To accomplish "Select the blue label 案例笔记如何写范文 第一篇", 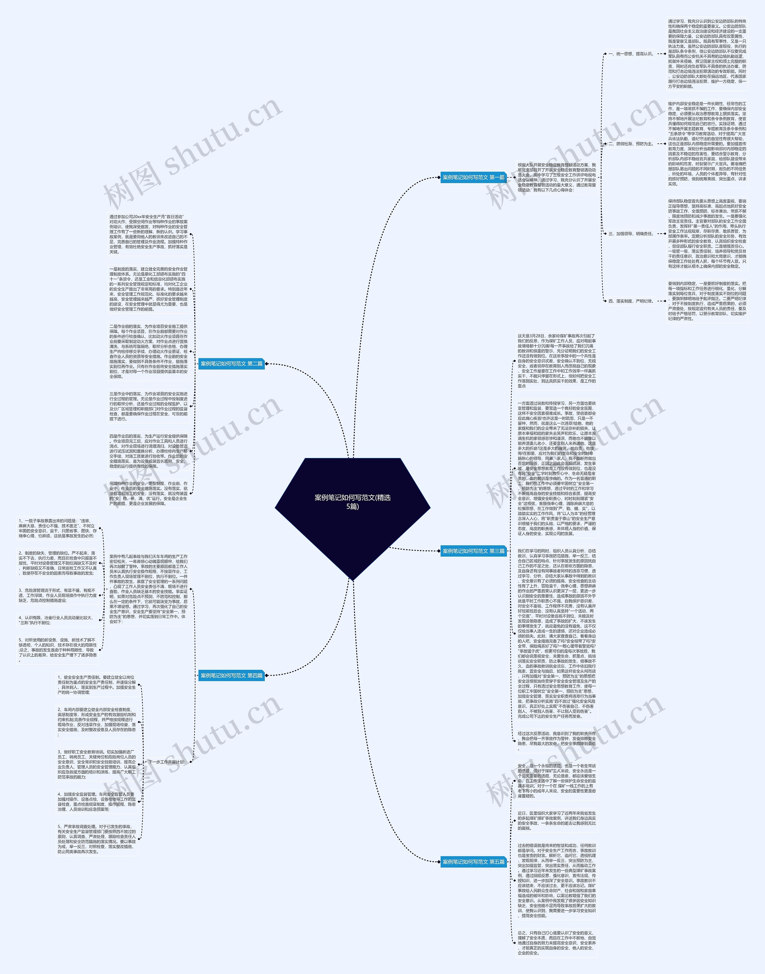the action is point(473,177).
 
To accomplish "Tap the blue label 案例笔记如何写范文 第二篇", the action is point(232,364).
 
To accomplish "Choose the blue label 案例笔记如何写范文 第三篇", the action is point(473,551).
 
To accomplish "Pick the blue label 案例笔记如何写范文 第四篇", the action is point(232,675).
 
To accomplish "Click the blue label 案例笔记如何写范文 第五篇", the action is point(473,862).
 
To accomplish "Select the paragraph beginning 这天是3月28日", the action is point(557,361).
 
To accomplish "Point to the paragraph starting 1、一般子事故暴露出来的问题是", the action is point(57,528).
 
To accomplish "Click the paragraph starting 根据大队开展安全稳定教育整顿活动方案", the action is point(557,177).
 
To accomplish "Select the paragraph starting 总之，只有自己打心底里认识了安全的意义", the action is point(557,943).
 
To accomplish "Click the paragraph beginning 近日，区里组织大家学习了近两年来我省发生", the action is point(557,820).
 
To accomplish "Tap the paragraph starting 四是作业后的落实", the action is point(149,451).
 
